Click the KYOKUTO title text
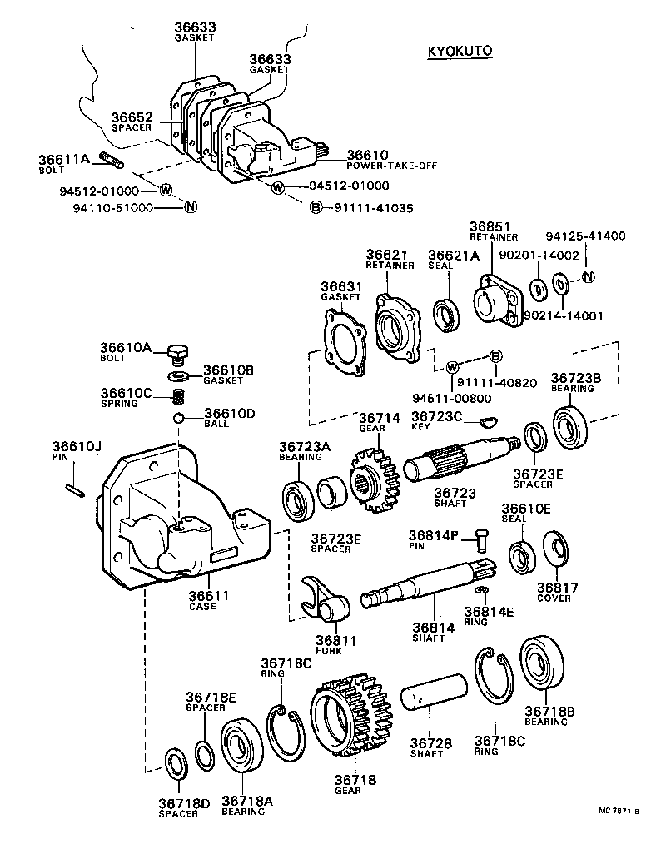click(x=460, y=51)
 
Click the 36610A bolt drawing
click(x=176, y=353)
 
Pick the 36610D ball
click(x=177, y=416)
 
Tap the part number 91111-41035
click(x=373, y=207)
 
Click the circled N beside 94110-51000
click(x=190, y=207)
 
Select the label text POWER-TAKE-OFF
click(x=368, y=165)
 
